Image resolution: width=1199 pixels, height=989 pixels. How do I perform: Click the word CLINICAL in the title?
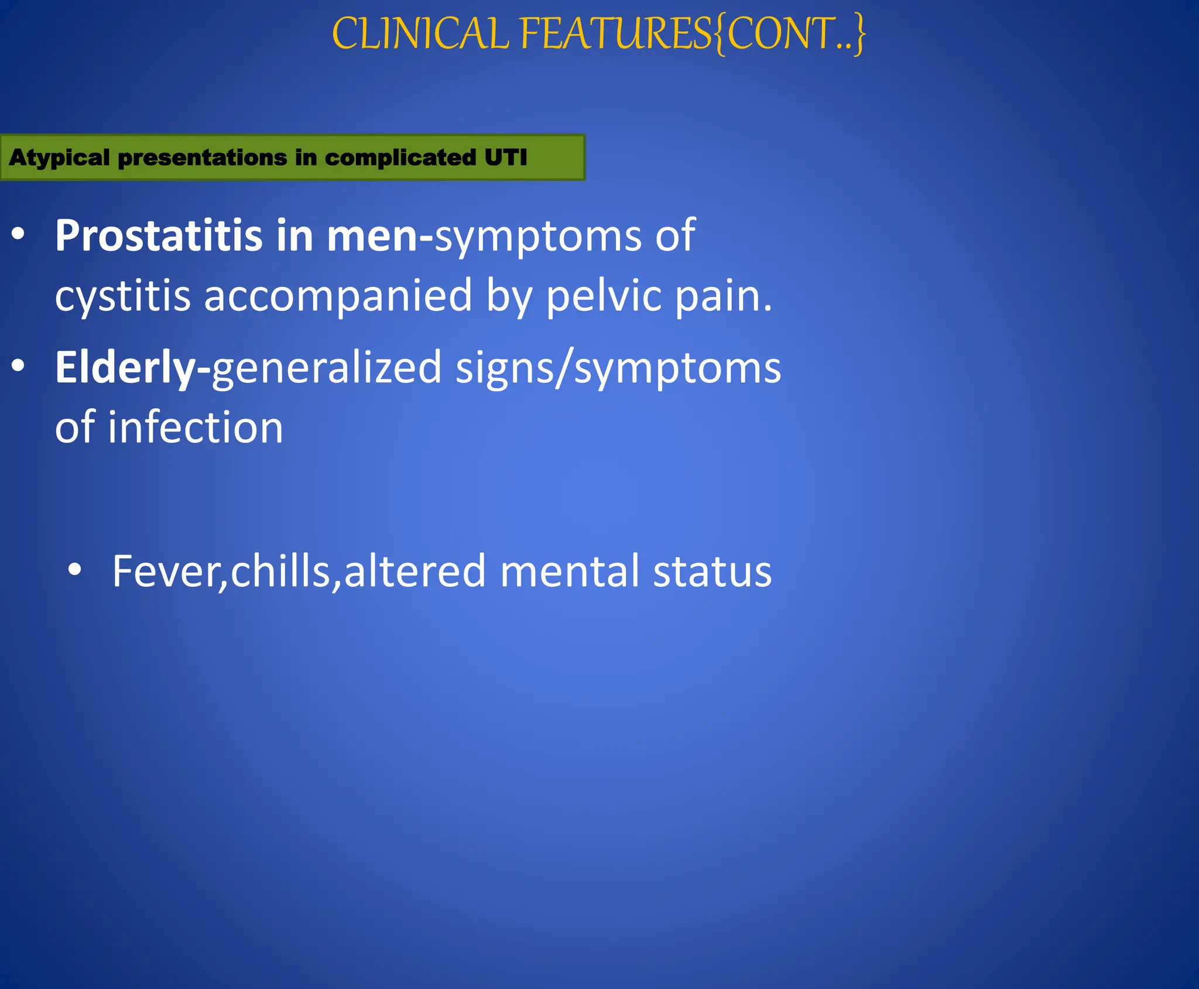420,34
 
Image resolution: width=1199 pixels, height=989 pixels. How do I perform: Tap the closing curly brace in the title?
859,35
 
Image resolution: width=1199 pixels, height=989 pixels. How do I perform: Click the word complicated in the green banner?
400,158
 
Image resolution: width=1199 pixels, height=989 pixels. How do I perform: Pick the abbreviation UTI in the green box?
506,157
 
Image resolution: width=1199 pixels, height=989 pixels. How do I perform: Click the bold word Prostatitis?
159,236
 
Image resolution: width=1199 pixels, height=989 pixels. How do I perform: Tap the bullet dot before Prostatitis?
18,234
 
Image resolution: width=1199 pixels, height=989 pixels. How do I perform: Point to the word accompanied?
338,296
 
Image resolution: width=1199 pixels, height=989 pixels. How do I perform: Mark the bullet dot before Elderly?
18,366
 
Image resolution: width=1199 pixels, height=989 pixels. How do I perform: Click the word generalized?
327,368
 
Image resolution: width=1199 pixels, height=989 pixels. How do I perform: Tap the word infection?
196,427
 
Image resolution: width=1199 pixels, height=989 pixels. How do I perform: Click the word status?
712,571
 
